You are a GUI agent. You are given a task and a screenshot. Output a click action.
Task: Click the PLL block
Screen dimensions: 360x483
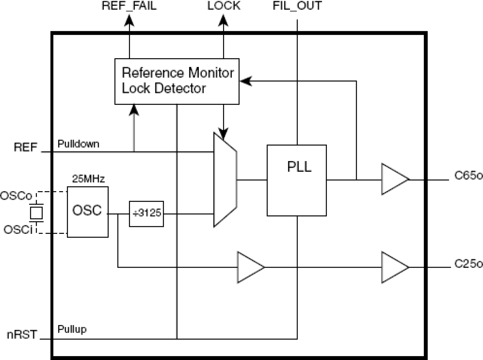(296, 180)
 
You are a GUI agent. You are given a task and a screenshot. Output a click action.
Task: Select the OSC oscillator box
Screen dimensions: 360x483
(87, 212)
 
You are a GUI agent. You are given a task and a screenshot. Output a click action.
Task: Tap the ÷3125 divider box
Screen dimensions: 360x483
(146, 214)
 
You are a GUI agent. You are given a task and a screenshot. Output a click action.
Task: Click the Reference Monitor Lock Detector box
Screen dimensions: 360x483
(177, 81)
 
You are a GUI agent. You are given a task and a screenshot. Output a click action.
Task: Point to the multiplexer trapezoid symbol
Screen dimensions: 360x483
(225, 180)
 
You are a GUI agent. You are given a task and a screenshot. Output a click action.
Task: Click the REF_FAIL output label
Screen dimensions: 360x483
(129, 7)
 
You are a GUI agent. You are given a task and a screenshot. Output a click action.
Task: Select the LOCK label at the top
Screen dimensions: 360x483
(224, 7)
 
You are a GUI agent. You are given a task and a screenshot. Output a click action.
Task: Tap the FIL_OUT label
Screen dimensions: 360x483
(296, 7)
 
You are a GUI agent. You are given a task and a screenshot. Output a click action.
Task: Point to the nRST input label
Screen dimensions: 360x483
(23, 335)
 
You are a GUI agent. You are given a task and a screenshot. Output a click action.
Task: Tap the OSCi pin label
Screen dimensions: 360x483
(16, 229)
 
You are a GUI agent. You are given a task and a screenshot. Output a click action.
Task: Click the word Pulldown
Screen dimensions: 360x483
(78, 144)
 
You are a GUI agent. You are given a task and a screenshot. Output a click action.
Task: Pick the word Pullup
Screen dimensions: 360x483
(72, 329)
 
